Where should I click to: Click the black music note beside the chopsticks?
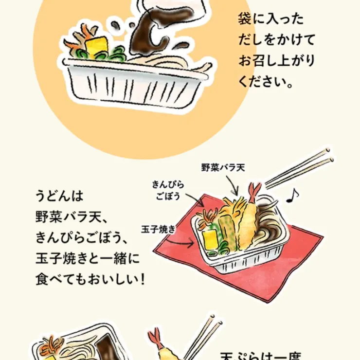(x=292, y=195)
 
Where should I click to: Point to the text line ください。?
(x=266, y=81)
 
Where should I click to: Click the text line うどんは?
(x=60, y=197)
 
